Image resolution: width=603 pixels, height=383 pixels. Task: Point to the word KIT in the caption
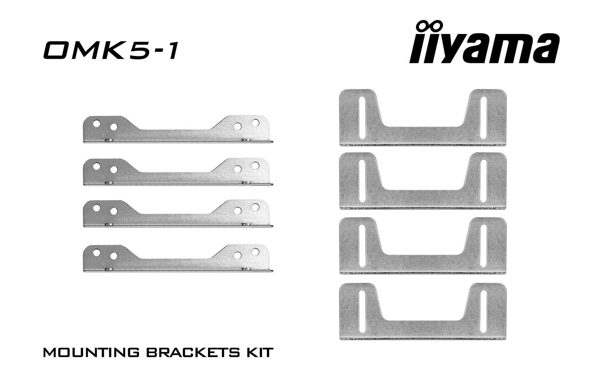click(259, 353)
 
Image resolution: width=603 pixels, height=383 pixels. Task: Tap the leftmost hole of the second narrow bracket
click(96, 165)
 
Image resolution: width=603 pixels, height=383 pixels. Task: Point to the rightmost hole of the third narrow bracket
click(255, 207)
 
